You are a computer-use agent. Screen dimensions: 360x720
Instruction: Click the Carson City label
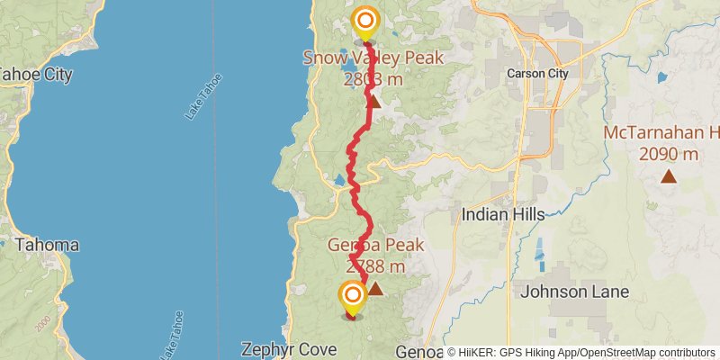point(538,74)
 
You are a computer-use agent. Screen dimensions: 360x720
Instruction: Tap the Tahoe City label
point(34,75)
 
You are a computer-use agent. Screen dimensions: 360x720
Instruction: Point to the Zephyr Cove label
point(287,349)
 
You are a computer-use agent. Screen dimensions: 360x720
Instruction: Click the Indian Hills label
point(503,214)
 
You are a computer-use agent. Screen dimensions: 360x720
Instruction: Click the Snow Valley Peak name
point(373,58)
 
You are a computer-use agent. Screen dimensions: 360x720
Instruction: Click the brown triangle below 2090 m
point(668,175)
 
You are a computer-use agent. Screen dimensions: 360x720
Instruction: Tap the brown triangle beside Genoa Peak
point(375,289)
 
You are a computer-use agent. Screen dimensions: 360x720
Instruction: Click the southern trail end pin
point(351,295)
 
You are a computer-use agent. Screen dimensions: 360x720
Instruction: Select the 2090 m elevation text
point(669,154)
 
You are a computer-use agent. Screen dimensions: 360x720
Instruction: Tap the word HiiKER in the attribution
point(478,352)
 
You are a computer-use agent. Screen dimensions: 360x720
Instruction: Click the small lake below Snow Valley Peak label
point(347,65)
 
